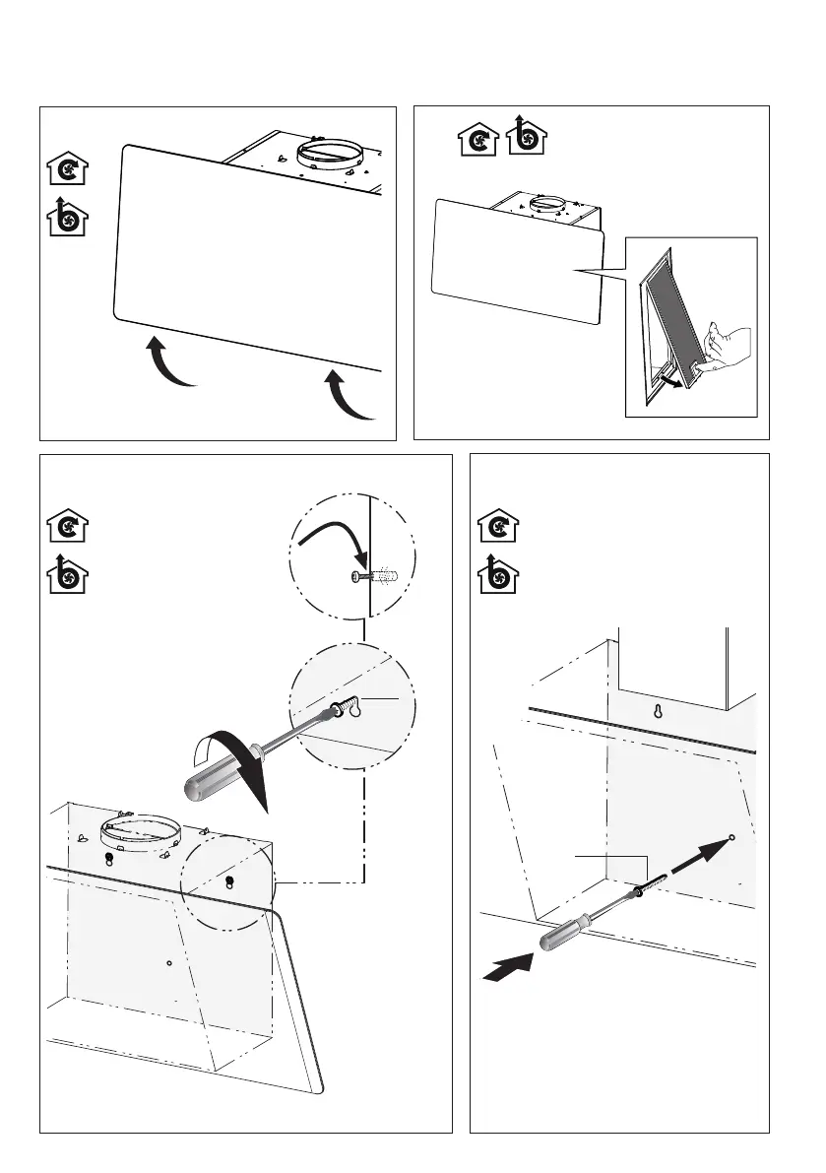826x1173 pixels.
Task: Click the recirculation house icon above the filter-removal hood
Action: (x=475, y=141)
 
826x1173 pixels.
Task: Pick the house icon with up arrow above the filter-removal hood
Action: (x=525, y=137)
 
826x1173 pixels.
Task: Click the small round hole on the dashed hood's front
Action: (x=169, y=962)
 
